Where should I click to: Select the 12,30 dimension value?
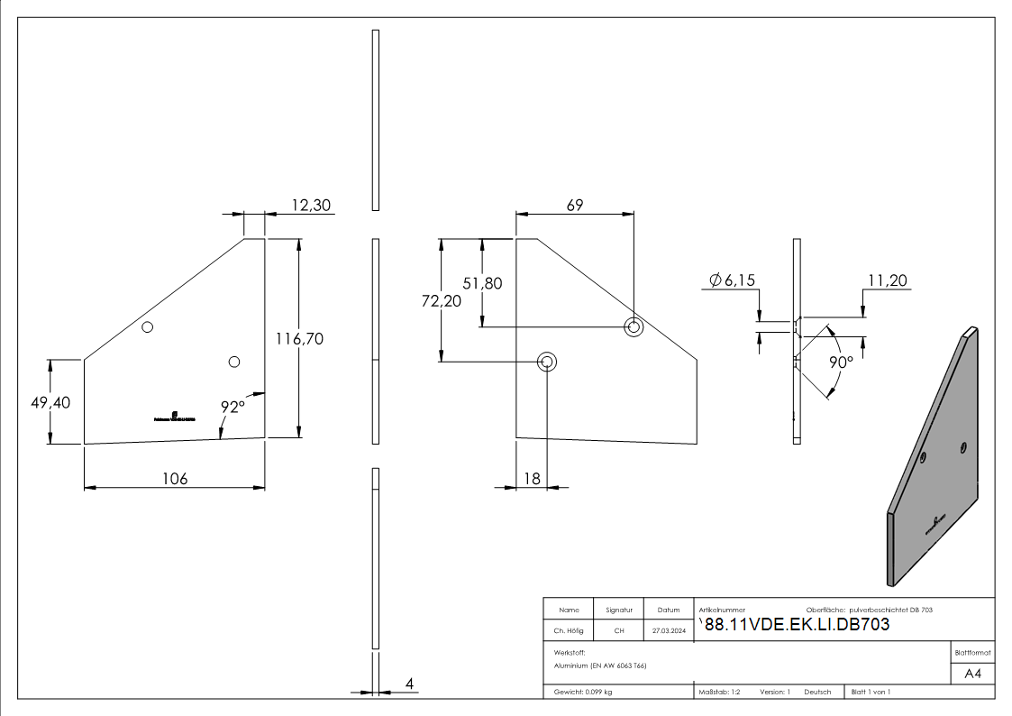(311, 206)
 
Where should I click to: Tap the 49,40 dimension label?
(49, 402)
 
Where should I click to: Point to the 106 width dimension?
(174, 478)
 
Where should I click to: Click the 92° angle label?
(233, 407)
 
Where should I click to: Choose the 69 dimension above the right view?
(574, 205)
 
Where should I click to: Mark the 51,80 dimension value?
(482, 282)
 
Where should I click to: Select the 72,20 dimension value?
(441, 301)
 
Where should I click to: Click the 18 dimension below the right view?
(532, 478)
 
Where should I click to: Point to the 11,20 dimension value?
(889, 280)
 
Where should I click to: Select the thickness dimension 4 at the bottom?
(409, 684)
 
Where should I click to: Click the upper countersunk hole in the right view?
(634, 326)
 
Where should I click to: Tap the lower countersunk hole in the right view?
(547, 362)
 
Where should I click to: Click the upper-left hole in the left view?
(149, 326)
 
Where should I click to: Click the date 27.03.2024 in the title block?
(669, 630)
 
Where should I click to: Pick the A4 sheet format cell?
(973, 674)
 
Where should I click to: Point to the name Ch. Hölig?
(569, 630)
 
